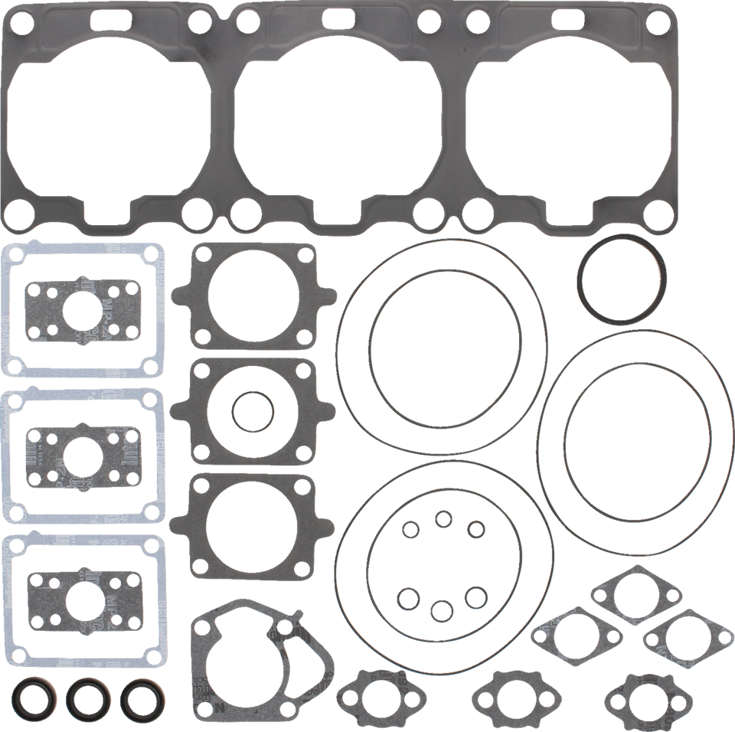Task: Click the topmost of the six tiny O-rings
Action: click(x=442, y=519)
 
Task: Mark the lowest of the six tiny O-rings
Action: click(x=442, y=609)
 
